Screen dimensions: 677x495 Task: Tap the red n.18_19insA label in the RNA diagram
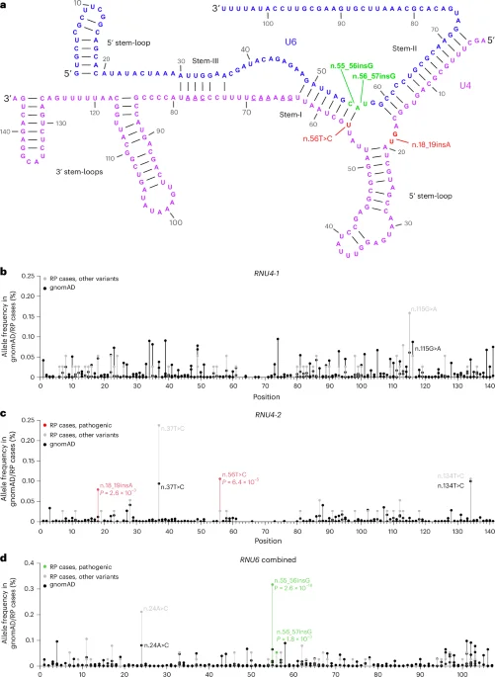click(432, 146)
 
